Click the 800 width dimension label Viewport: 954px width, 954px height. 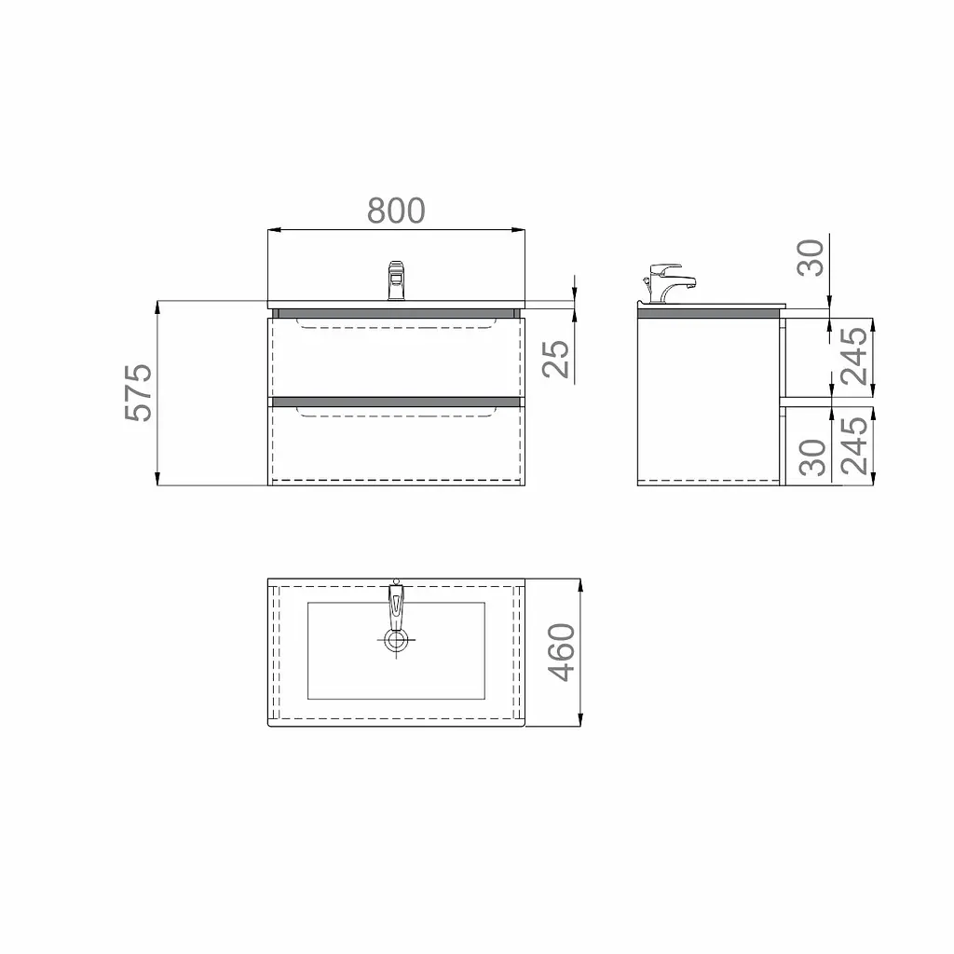pyautogui.click(x=396, y=211)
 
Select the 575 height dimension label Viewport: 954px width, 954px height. pyautogui.click(x=139, y=393)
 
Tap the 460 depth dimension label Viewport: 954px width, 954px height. pyautogui.click(x=561, y=652)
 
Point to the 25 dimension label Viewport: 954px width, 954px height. pyautogui.click(x=555, y=359)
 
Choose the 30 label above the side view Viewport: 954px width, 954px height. pyautogui.click(x=811, y=258)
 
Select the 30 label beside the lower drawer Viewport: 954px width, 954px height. pyautogui.click(x=812, y=457)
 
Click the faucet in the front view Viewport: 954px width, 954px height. pyautogui.click(x=396, y=280)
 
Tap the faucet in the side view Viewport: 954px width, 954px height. pyautogui.click(x=668, y=283)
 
